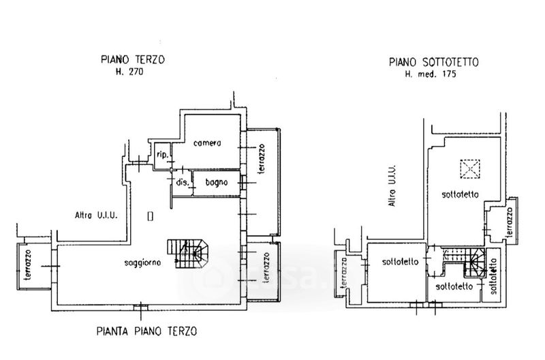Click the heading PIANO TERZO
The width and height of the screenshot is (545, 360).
click(x=132, y=60)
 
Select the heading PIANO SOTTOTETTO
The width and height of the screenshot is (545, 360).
click(x=434, y=62)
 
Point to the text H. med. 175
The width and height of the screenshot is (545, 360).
click(x=434, y=73)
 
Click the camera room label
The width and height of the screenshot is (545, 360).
click(x=206, y=143)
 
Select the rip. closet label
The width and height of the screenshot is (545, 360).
click(x=162, y=154)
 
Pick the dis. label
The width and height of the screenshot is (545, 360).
click(x=182, y=182)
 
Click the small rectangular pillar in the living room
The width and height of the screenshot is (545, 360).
click(x=151, y=217)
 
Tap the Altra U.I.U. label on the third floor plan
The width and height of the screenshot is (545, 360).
click(x=97, y=215)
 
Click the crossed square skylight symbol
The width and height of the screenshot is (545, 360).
click(x=469, y=168)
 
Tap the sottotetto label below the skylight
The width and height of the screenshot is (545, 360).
click(x=460, y=194)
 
